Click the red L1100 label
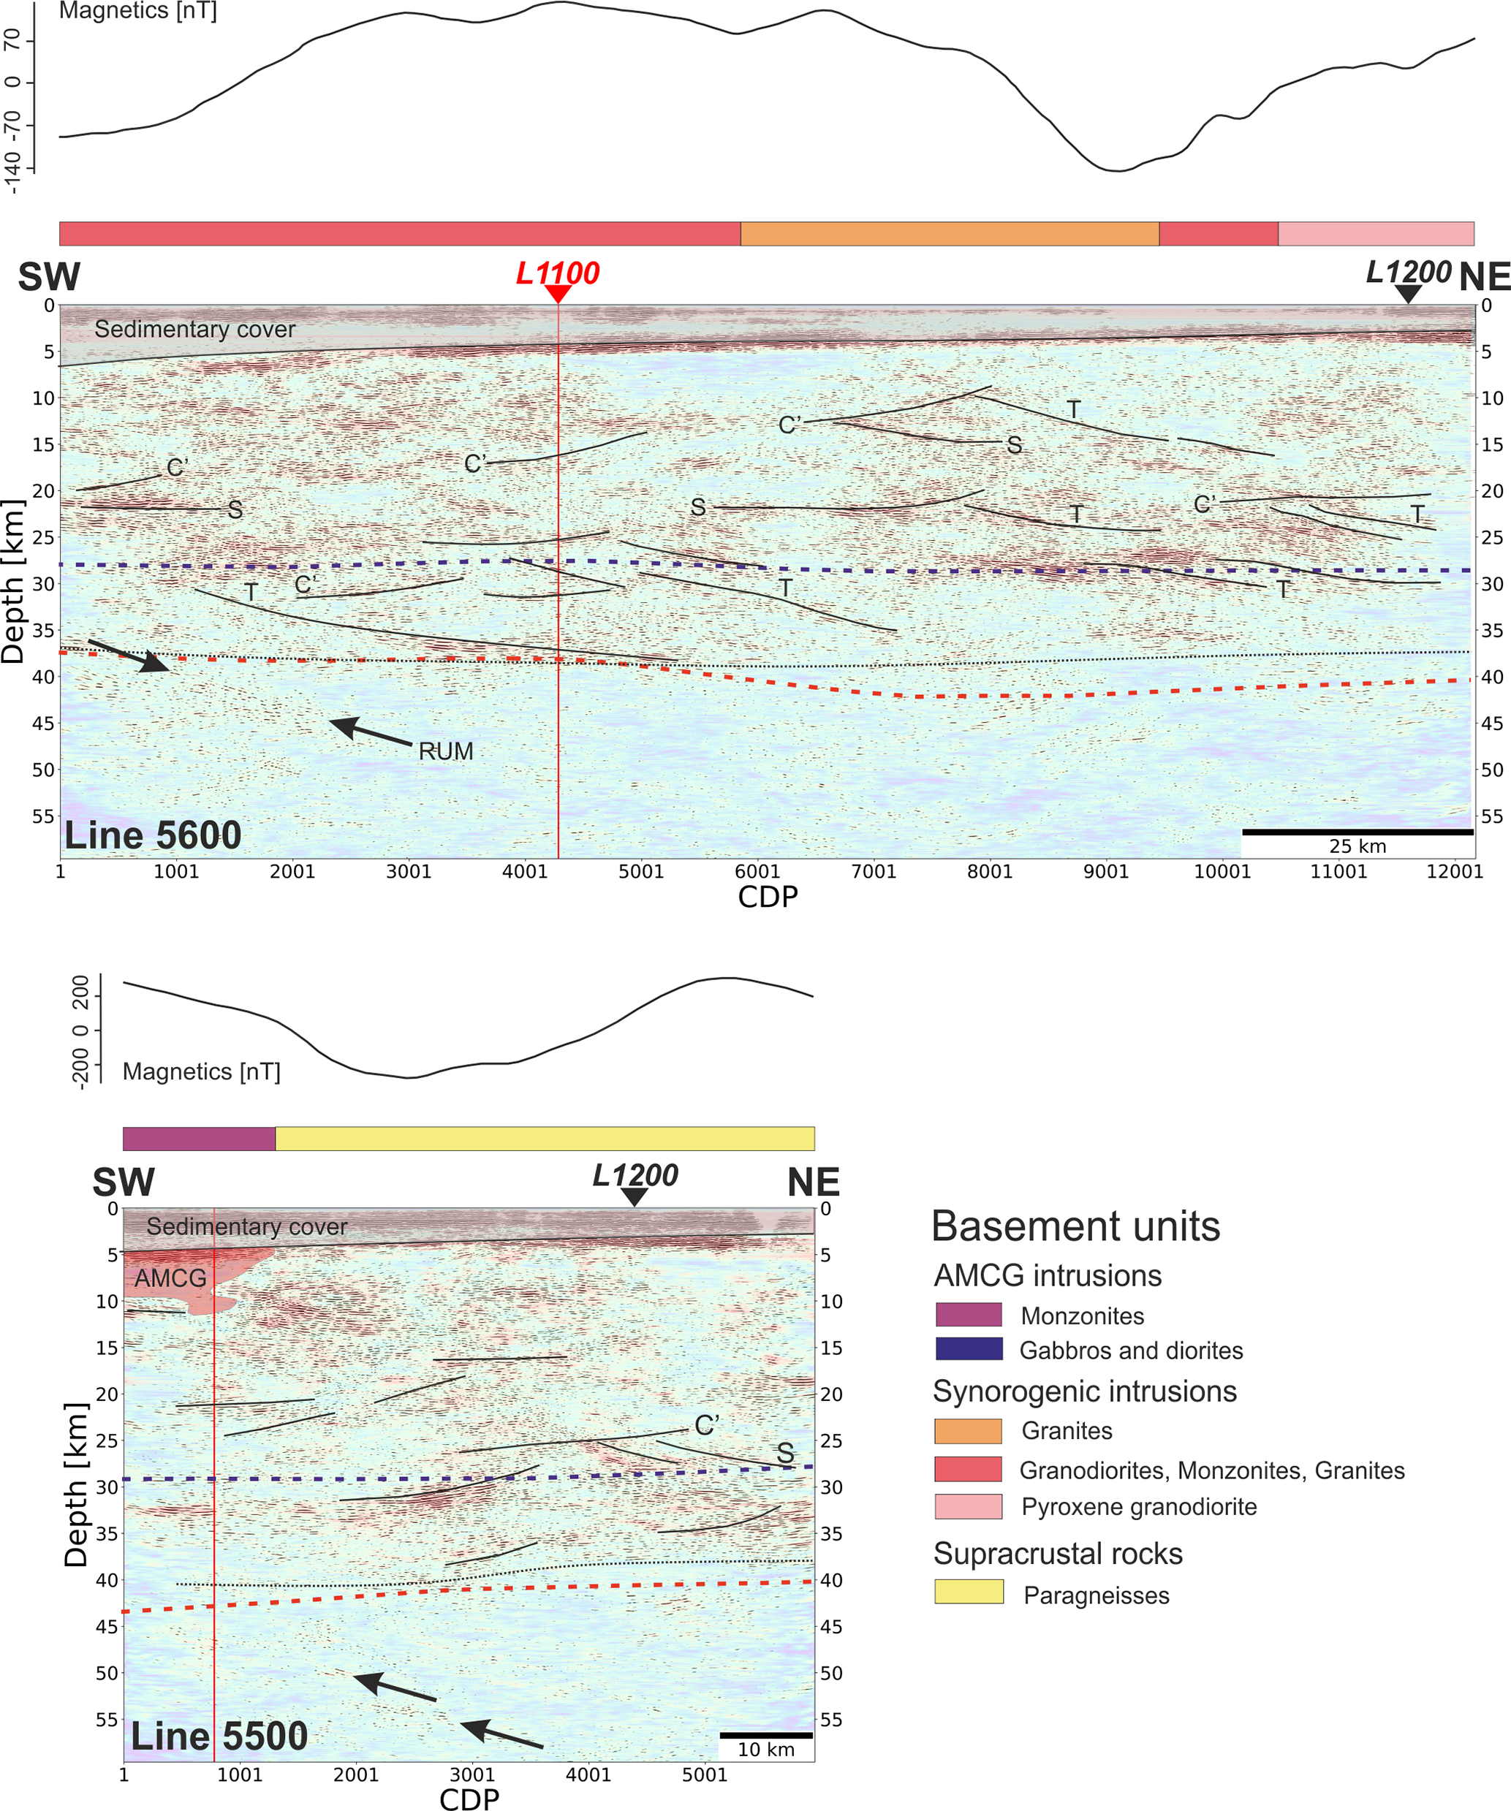(x=557, y=273)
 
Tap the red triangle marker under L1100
(x=558, y=294)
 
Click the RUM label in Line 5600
(x=445, y=751)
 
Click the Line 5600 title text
(x=153, y=835)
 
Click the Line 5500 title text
(x=219, y=1736)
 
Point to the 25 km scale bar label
(x=1357, y=846)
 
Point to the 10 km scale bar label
(x=766, y=1749)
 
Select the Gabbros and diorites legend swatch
(x=969, y=1349)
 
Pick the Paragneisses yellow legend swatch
(x=969, y=1591)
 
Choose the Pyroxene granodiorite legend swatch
(x=969, y=1506)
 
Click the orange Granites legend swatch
(x=969, y=1431)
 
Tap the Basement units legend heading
(x=1075, y=1226)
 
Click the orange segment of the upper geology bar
(x=949, y=234)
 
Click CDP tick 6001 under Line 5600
(x=757, y=871)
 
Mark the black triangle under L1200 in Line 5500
(x=634, y=1196)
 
